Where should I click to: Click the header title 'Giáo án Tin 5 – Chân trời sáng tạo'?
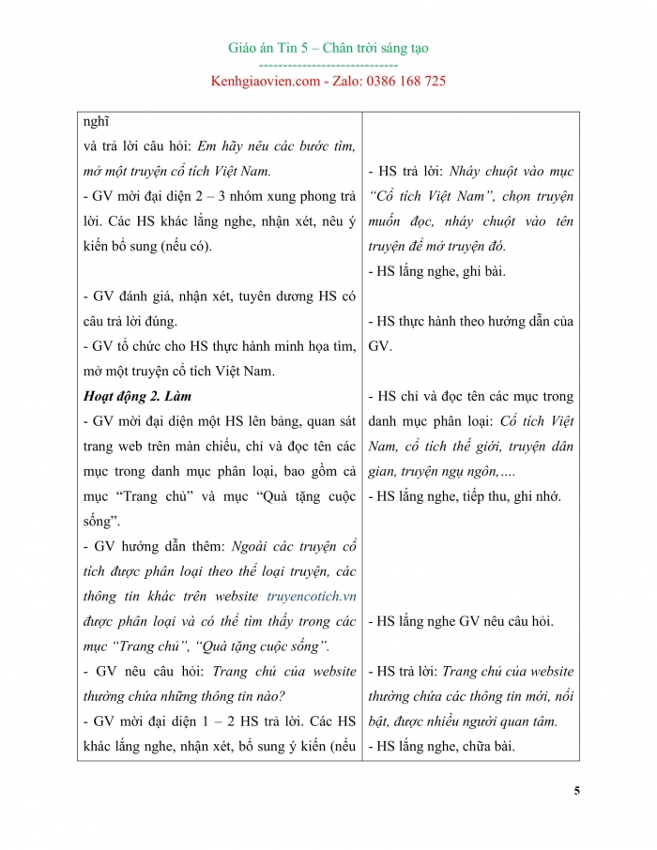click(x=328, y=48)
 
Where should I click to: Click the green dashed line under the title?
click(x=328, y=65)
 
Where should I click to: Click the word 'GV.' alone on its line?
click(x=380, y=345)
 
